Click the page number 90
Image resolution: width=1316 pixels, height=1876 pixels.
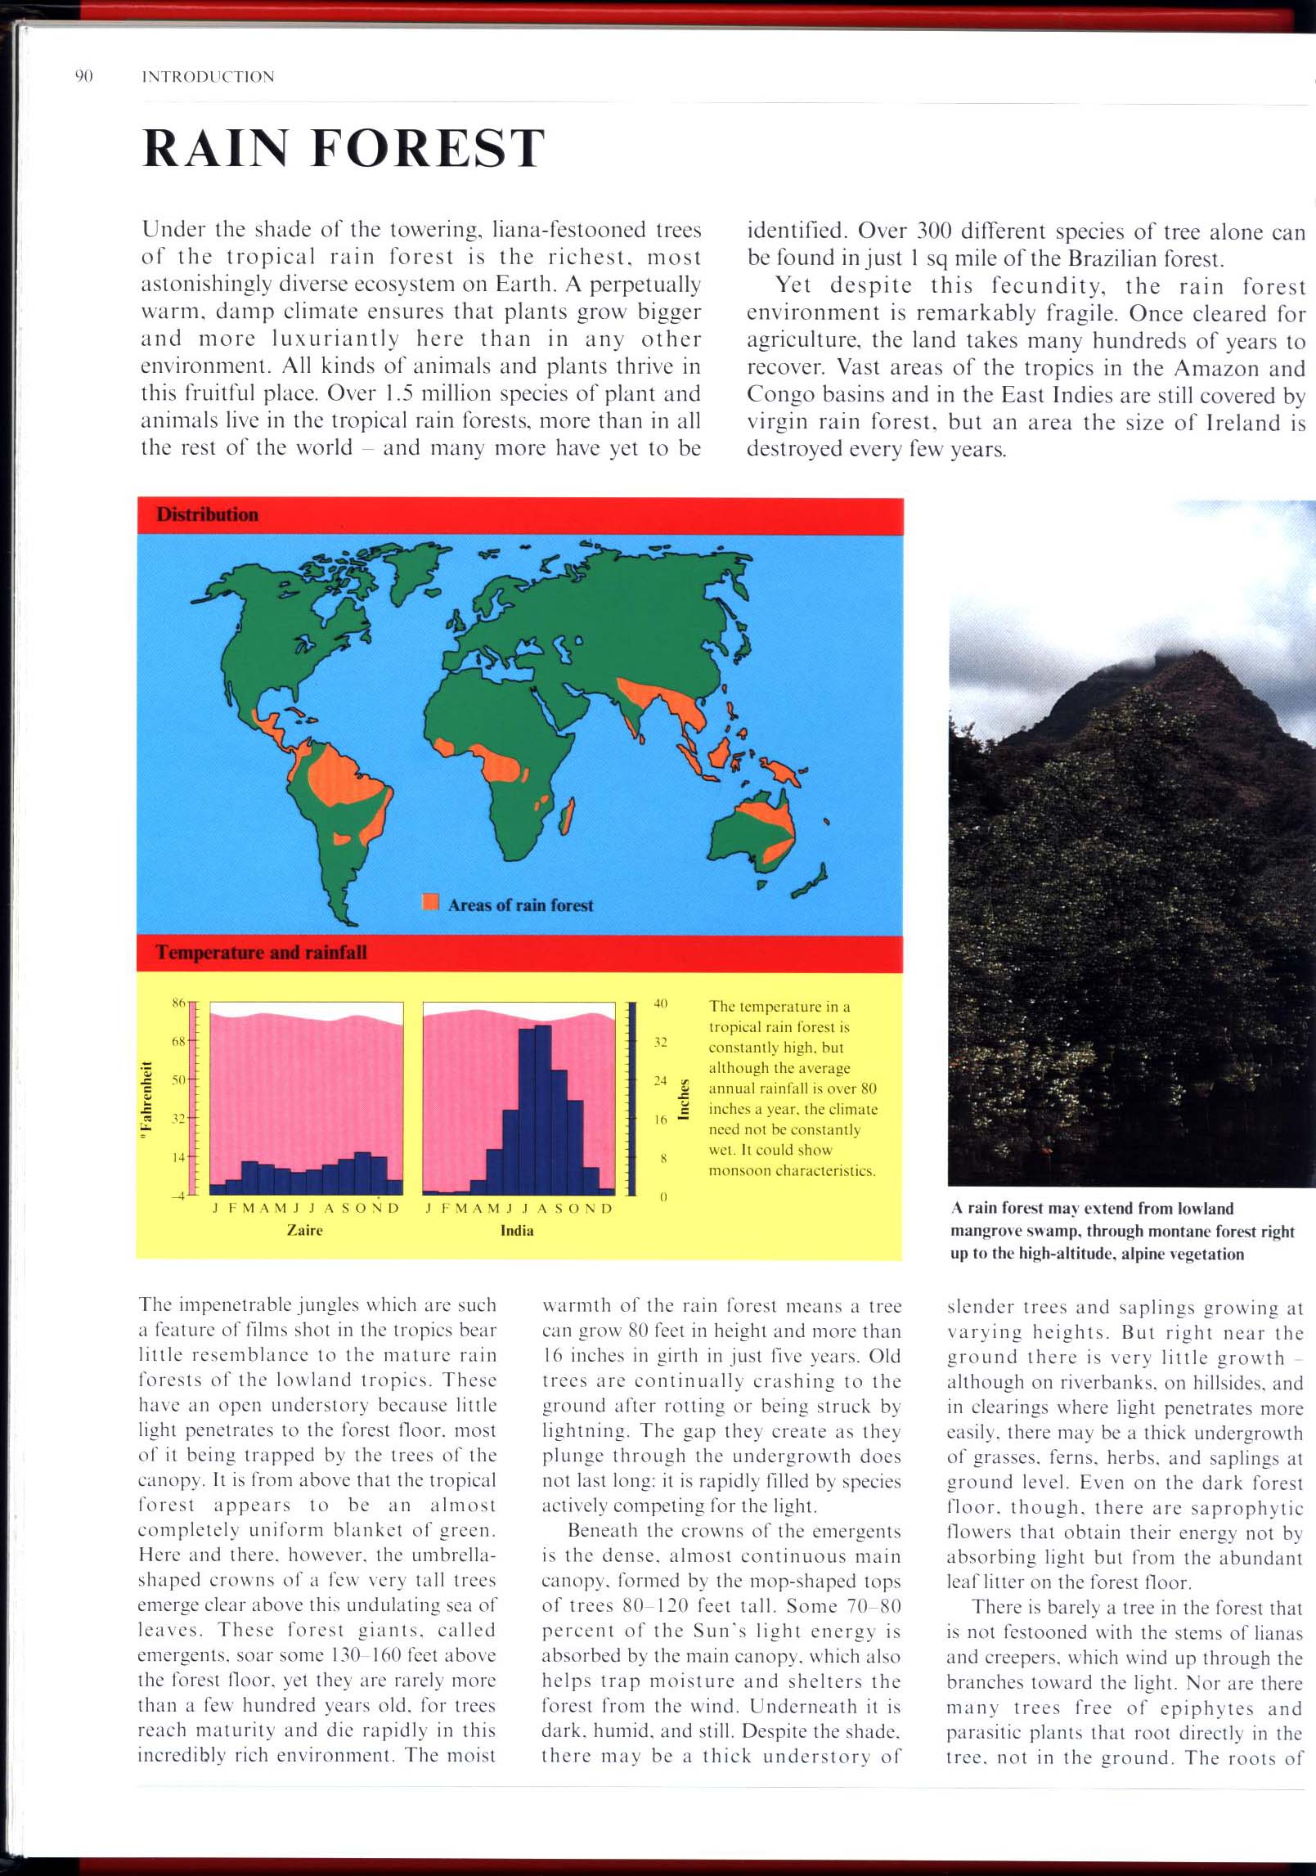point(83,77)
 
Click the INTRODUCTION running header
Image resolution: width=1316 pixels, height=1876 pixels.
point(208,77)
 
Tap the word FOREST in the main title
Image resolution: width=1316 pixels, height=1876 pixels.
point(429,148)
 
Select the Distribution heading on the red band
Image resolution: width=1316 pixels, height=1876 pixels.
point(207,514)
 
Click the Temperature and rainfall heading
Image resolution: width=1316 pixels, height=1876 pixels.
point(261,952)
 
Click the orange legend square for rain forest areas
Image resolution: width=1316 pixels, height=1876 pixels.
point(430,903)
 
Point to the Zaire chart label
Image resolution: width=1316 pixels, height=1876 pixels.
point(304,1230)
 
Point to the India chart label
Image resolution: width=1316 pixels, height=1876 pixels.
point(517,1230)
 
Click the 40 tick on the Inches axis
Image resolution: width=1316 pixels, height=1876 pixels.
point(661,1003)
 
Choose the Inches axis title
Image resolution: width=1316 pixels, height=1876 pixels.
point(685,1099)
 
